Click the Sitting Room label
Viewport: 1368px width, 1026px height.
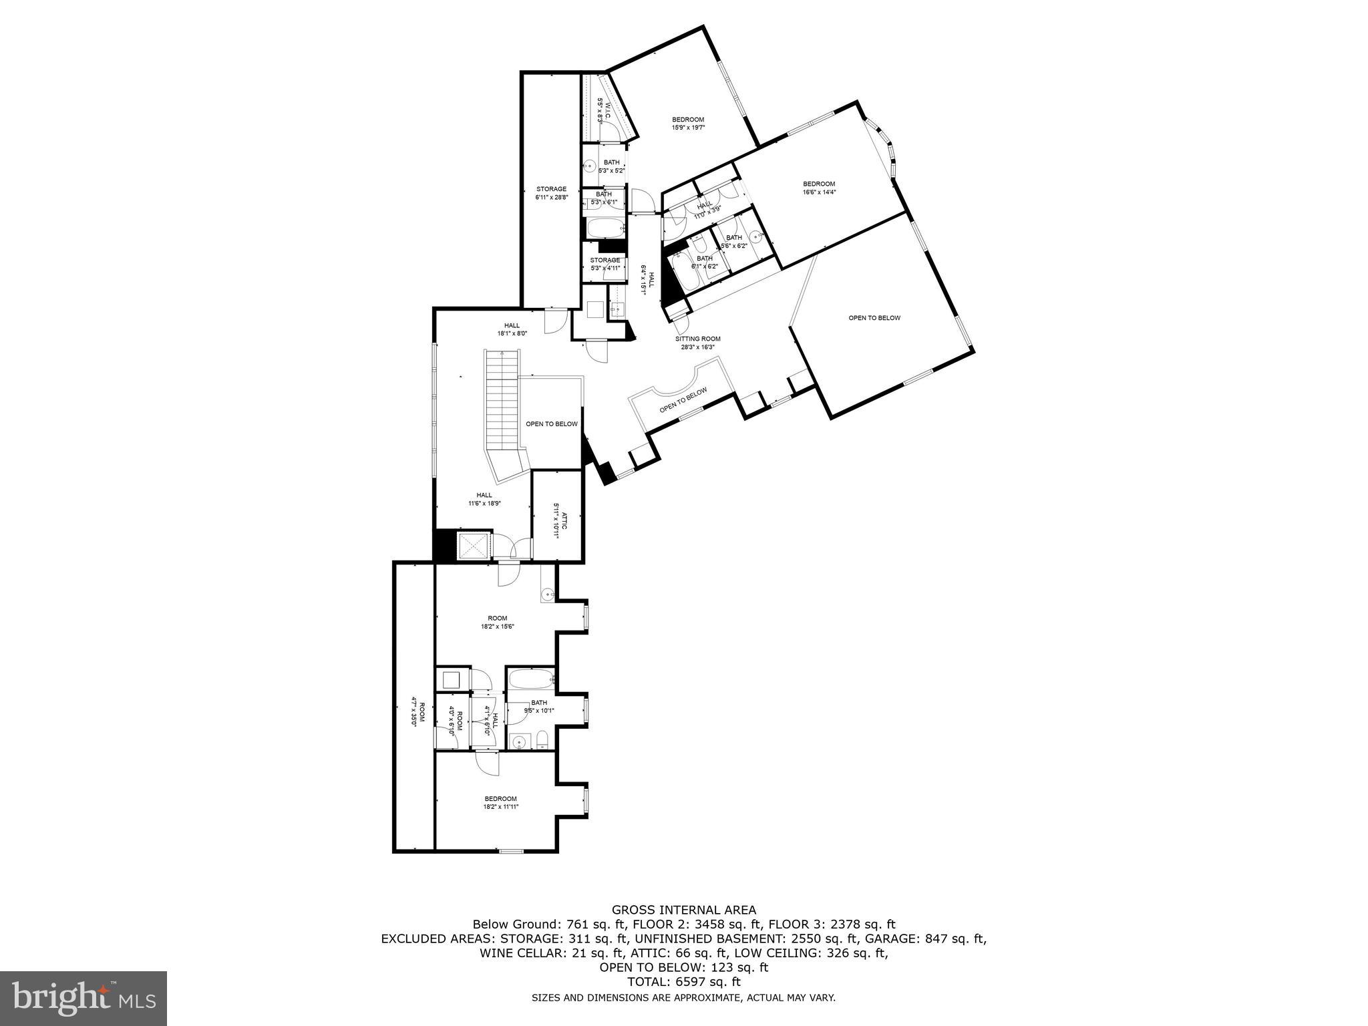click(697, 343)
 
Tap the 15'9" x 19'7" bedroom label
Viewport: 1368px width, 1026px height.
click(688, 124)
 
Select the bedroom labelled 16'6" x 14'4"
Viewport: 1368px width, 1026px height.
click(819, 188)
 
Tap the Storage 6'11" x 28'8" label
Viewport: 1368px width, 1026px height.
click(551, 193)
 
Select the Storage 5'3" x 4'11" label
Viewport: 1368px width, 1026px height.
click(605, 264)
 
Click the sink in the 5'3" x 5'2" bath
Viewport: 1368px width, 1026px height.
click(590, 166)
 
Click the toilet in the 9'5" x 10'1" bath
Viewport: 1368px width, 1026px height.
click(543, 739)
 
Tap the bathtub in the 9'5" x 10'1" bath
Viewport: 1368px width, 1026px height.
click(531, 680)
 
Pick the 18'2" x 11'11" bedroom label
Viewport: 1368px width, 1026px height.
click(500, 802)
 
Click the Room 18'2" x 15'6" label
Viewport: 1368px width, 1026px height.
click(497, 622)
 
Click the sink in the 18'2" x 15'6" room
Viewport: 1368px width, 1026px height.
click(547, 593)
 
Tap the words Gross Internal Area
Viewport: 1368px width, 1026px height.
click(684, 910)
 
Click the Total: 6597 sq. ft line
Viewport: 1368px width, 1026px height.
click(684, 982)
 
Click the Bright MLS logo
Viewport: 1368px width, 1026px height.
click(83, 999)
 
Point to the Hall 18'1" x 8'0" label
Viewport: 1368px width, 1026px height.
click(512, 329)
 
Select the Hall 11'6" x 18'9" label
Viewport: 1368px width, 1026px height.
click(484, 499)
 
